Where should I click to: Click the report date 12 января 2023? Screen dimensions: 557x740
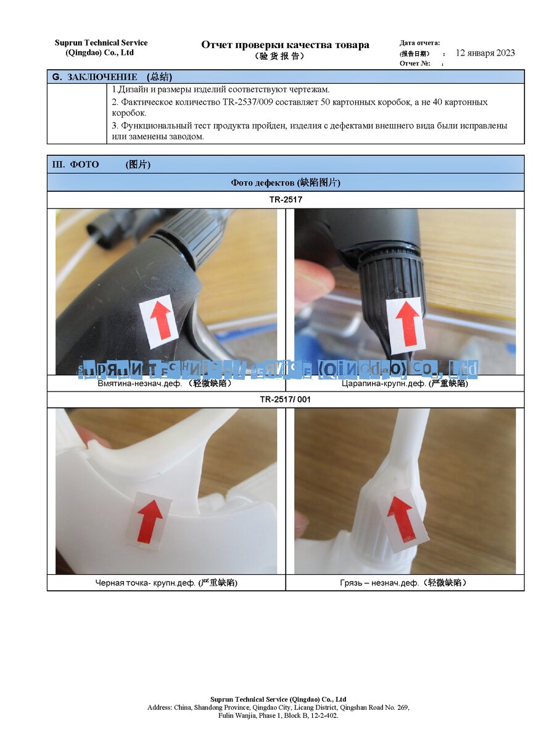coord(485,53)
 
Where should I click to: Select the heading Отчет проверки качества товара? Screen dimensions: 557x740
coord(285,45)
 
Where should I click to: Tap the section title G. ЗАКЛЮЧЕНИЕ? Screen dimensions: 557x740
coord(95,77)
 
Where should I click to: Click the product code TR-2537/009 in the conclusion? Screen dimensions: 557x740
coord(247,102)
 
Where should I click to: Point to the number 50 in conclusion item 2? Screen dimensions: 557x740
coord(325,102)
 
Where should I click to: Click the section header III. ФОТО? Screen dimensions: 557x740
coord(75,165)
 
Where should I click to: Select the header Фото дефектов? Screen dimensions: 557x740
coord(263,183)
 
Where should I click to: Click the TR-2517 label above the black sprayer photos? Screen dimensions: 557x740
coord(286,200)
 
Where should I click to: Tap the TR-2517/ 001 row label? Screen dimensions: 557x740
coord(285,400)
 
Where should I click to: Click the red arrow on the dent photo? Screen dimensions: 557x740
coord(160,319)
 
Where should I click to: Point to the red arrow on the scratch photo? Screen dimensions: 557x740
coord(407,323)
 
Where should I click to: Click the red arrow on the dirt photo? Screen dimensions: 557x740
coord(401,519)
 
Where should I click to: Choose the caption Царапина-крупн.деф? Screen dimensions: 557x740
coord(384,384)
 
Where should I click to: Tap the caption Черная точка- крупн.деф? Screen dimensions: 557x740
coord(146,583)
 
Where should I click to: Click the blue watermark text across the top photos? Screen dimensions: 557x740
coord(278,370)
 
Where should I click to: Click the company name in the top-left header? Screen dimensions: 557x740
coord(101,48)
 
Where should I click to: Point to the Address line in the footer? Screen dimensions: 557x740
coord(278,707)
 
